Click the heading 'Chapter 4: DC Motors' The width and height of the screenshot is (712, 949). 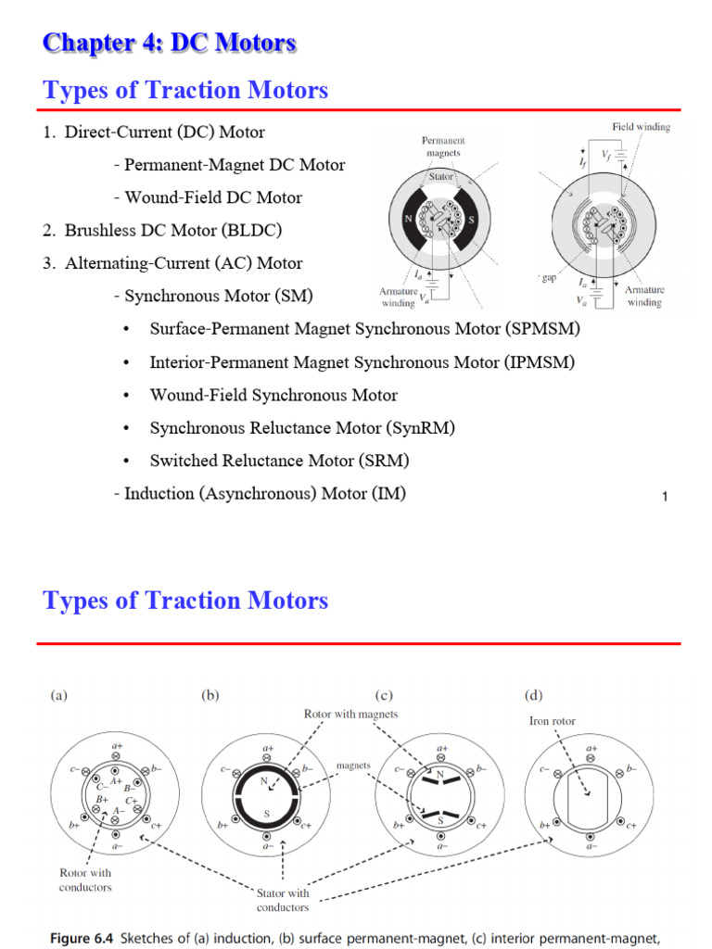tap(170, 43)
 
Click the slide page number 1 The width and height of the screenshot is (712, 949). tap(665, 498)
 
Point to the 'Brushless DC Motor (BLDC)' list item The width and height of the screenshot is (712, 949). tap(173, 230)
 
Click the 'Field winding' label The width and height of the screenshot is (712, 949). tap(641, 127)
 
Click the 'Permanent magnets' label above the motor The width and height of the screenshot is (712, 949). tap(443, 146)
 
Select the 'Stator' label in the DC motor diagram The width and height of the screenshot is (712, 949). tap(441, 174)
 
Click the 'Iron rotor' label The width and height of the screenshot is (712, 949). tap(552, 721)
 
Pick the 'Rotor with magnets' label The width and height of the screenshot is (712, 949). tap(350, 714)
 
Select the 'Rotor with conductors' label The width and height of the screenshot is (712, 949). tap(85, 879)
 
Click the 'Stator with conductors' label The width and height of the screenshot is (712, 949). tap(283, 900)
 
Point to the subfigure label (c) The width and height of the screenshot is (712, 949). tap(384, 695)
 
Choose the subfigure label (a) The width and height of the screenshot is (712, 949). tap(58, 695)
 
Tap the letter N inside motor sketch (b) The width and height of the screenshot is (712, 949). tap(264, 780)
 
